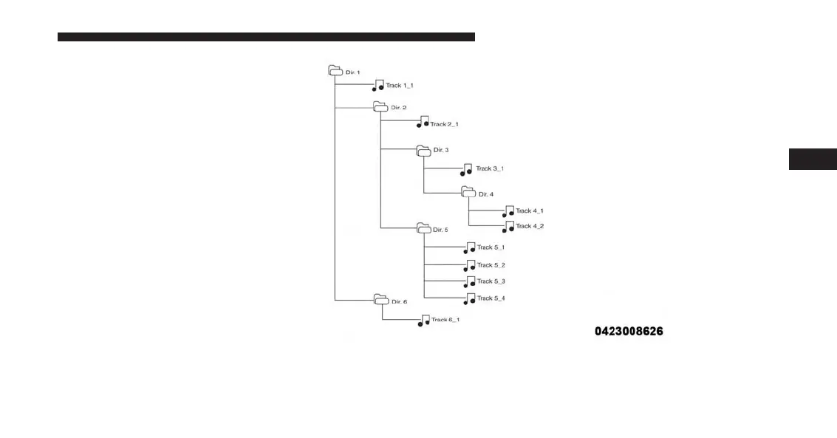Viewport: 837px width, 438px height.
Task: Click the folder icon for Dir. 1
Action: tap(335, 71)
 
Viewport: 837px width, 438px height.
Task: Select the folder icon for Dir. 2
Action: tap(380, 107)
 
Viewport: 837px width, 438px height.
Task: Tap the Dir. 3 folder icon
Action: tap(423, 150)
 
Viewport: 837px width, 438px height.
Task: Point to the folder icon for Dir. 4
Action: tap(468, 192)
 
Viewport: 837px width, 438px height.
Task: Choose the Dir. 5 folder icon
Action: tap(423, 228)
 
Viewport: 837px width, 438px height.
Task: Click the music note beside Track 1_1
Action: tap(378, 86)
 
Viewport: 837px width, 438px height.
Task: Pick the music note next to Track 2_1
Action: tap(423, 122)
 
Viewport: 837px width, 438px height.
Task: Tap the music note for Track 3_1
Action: tap(466, 169)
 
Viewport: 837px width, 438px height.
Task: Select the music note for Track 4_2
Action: tap(508, 227)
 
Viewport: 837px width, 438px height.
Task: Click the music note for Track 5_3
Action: tap(470, 282)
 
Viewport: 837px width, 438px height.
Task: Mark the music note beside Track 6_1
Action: tap(424, 321)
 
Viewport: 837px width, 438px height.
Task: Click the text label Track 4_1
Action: tap(530, 211)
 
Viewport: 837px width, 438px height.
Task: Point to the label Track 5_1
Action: tap(491, 247)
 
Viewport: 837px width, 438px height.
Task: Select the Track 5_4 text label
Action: tap(491, 298)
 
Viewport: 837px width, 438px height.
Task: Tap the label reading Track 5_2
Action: tap(491, 265)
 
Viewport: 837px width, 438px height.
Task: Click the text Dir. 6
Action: tap(399, 301)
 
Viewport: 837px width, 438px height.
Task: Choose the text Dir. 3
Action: tap(441, 150)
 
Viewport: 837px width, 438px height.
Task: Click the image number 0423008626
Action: tap(629, 332)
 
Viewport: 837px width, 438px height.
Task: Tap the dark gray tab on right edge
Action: tap(813, 159)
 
